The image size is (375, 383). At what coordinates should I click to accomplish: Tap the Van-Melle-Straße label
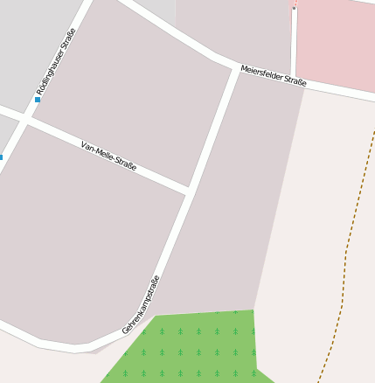point(108,156)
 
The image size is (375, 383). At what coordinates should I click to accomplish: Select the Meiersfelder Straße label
point(274,75)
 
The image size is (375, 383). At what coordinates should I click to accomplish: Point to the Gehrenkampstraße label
point(142,305)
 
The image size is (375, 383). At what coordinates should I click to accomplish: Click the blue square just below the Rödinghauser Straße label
point(38,100)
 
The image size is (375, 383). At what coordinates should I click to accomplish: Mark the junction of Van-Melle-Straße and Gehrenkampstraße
point(189,190)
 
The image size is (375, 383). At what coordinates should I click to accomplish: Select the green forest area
point(192,350)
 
